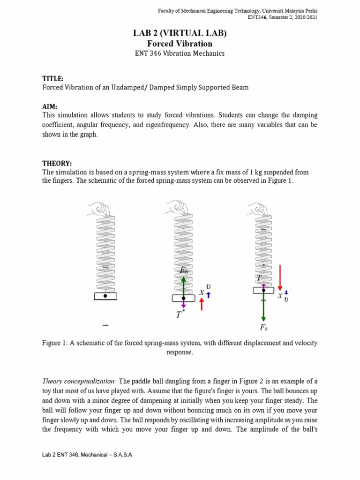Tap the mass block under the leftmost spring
(x=105, y=296)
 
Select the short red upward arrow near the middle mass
(x=202, y=304)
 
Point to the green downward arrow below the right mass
(x=263, y=307)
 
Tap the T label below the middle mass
(x=179, y=315)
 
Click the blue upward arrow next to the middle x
(x=209, y=294)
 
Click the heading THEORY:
(x=57, y=163)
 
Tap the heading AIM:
(x=50, y=106)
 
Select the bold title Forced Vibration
(x=180, y=44)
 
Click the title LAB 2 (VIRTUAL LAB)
(x=180, y=33)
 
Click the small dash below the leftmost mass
(x=105, y=325)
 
